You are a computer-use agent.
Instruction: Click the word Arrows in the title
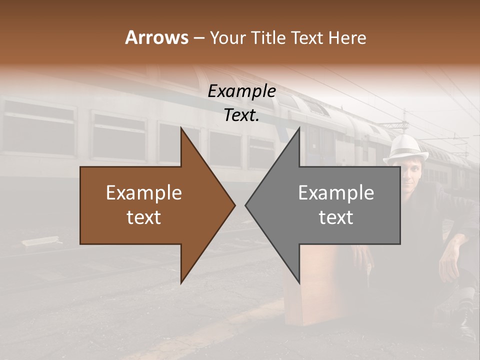(156, 37)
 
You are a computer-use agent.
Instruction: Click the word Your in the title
(227, 38)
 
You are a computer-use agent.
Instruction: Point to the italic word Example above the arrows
(241, 91)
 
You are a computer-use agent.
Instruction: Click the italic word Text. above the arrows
(241, 115)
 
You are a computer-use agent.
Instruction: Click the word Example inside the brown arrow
(144, 193)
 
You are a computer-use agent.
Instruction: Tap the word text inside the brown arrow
(144, 217)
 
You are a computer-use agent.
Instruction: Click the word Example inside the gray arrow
(336, 193)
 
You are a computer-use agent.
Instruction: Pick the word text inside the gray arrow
(336, 217)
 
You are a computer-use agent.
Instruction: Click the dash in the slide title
(198, 38)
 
